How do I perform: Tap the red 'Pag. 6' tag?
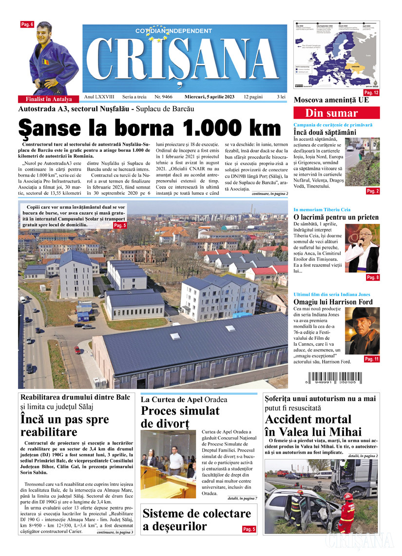[x=27, y=24]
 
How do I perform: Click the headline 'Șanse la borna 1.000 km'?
[x=150, y=128]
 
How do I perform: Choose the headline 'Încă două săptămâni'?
[x=325, y=132]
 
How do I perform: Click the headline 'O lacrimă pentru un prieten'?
[x=336, y=217]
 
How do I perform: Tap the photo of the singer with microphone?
[x=362, y=248]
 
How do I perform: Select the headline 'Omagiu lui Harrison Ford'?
[x=333, y=302]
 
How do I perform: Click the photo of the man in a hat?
[x=362, y=331]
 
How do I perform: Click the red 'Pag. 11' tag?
[x=371, y=359]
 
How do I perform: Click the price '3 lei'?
[x=281, y=97]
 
